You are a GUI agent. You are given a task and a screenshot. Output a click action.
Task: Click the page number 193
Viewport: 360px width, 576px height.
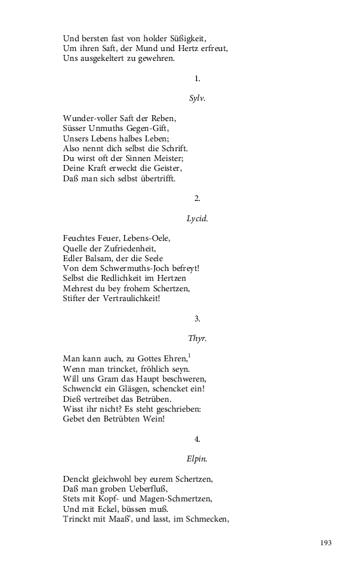pos(327,542)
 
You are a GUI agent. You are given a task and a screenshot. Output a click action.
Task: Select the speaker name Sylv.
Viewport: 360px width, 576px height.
pos(197,98)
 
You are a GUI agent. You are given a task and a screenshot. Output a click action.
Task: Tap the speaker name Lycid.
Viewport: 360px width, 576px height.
pos(197,219)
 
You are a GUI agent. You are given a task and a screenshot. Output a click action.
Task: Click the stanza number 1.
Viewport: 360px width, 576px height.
pos(197,79)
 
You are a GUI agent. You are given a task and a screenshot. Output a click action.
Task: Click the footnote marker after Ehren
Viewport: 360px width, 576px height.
pos(189,356)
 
